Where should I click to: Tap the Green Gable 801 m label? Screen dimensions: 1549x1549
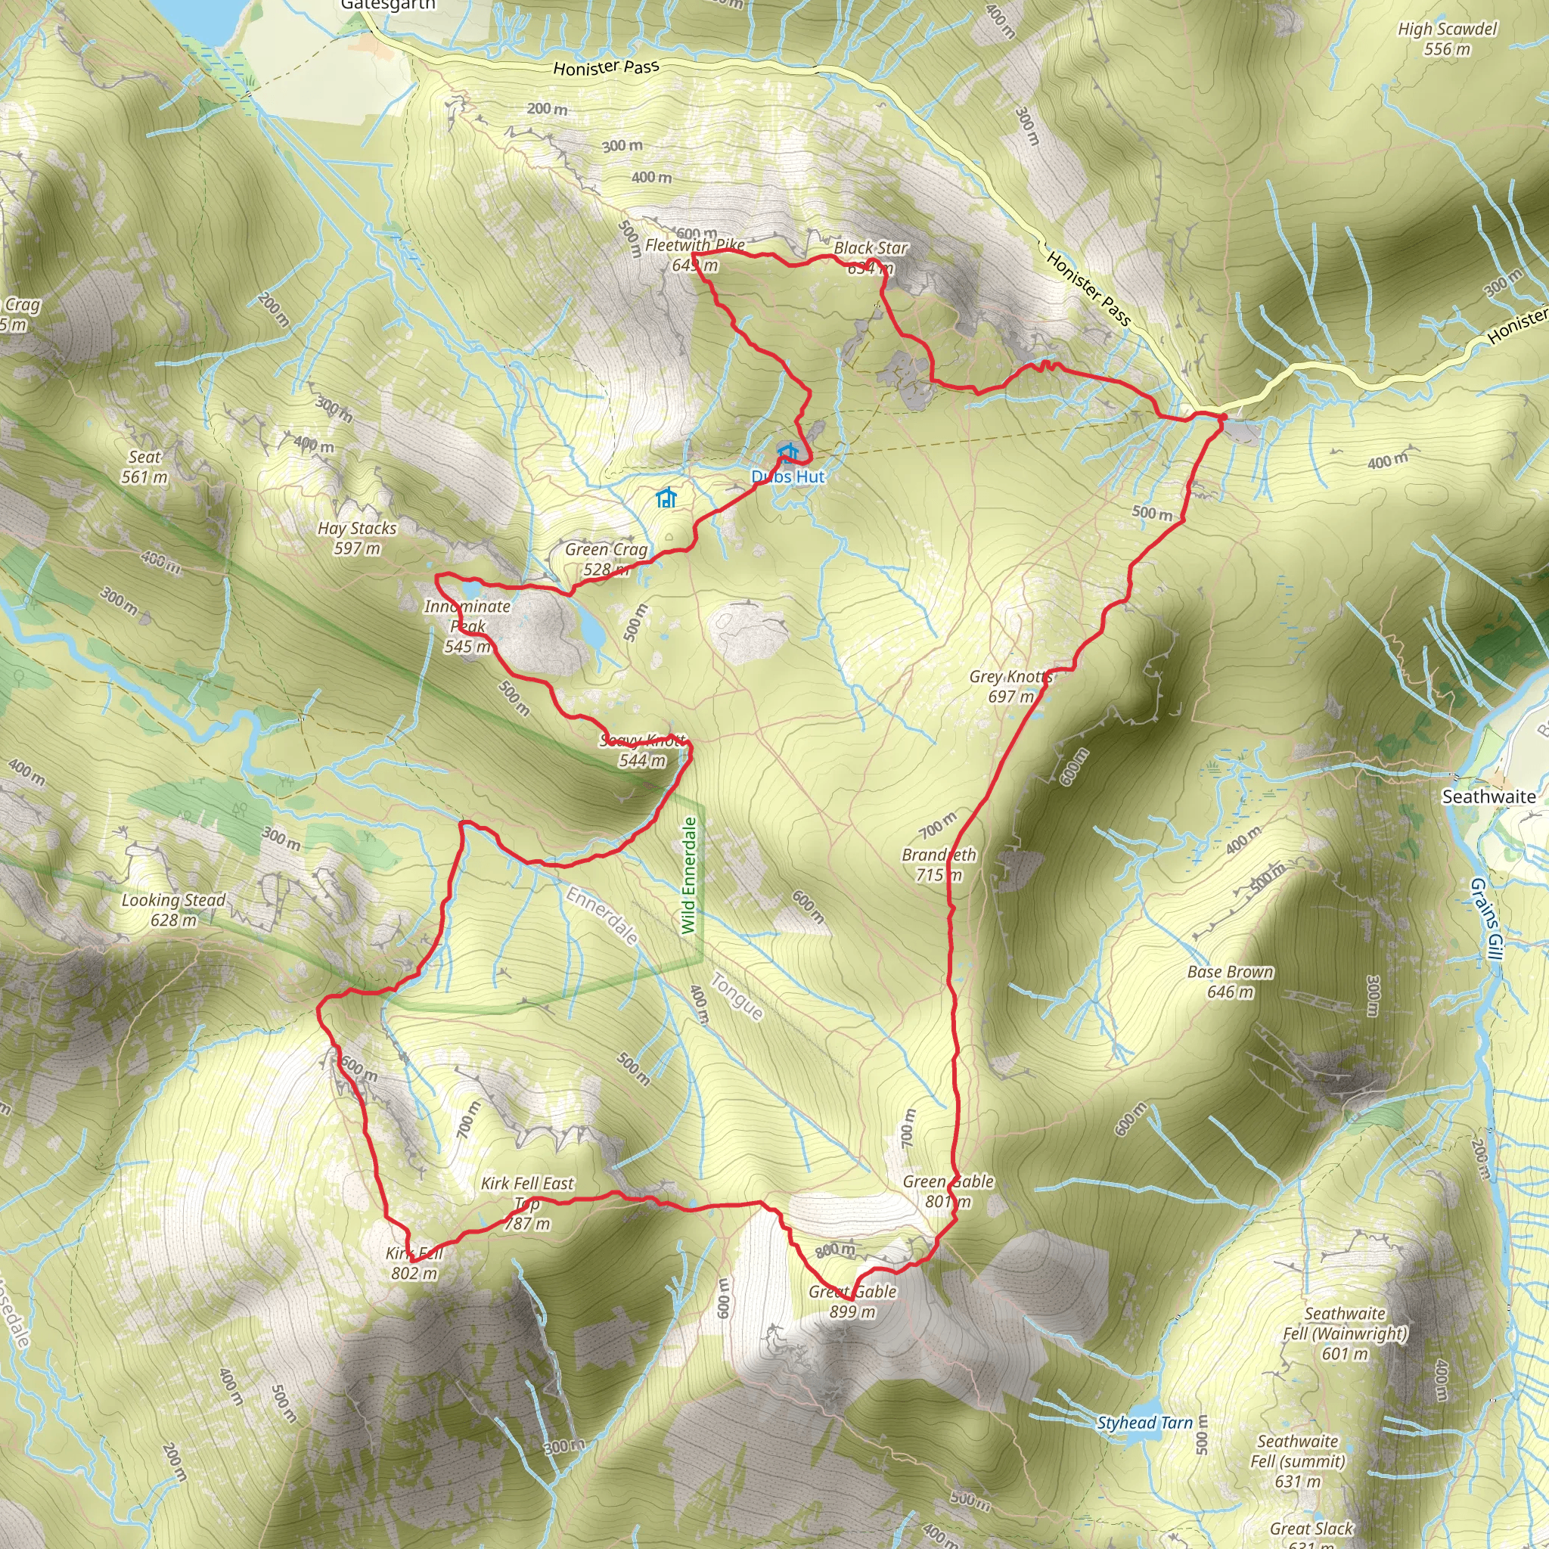pos(948,1191)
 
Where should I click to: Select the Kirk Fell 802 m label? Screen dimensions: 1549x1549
pos(414,1263)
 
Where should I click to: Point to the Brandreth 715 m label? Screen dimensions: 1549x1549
pos(939,865)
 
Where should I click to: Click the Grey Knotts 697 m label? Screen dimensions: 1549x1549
pos(1010,686)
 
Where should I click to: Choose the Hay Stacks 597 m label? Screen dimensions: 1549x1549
pos(357,538)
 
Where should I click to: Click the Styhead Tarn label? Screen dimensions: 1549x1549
pos(1144,1423)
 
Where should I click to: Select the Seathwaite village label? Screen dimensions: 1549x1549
pos(1488,796)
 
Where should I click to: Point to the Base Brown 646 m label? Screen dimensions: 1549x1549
pos(1230,981)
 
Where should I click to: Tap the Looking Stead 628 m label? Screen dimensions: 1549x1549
pos(173,909)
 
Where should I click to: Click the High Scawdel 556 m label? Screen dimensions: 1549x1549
pos(1447,39)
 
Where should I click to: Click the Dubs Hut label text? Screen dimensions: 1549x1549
pos(787,476)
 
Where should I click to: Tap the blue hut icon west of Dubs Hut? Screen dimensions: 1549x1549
pos(666,498)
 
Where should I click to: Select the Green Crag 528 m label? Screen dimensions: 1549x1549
pos(606,559)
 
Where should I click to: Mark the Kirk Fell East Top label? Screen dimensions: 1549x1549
pos(528,1203)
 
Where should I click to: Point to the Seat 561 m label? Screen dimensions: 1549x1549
pos(144,467)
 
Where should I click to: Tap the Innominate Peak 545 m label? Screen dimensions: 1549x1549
pos(467,625)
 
